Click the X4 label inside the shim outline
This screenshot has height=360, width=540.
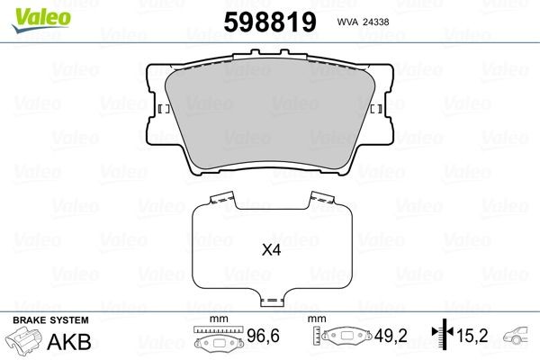(x=271, y=253)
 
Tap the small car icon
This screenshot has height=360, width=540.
(x=519, y=337)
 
